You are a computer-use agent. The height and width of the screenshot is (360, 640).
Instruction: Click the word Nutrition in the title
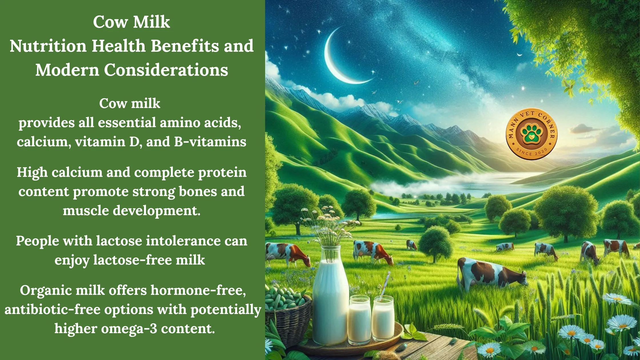[x=48, y=46]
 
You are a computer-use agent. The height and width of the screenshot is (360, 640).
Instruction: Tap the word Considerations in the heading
[x=166, y=70]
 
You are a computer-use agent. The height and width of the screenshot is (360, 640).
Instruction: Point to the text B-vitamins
[x=210, y=142]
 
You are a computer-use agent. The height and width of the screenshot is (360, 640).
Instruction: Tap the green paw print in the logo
[x=531, y=134]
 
